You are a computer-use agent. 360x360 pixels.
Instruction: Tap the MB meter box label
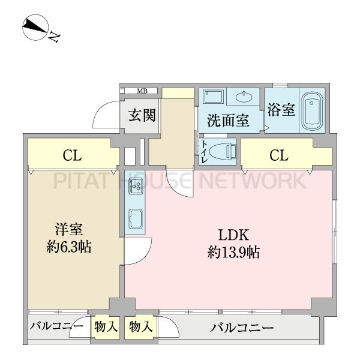coord(142,91)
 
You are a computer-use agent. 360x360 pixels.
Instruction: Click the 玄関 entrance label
coord(142,115)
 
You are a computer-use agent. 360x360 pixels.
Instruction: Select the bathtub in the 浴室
coord(312,112)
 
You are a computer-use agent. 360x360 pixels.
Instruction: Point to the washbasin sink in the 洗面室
coord(244,96)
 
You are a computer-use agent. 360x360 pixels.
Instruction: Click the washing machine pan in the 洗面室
coord(213,98)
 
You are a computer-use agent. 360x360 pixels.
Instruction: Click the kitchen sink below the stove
coord(136,219)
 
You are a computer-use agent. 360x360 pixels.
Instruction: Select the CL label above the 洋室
coord(72,155)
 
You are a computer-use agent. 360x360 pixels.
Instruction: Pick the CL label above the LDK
coord(279,155)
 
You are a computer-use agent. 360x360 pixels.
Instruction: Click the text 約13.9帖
coord(234,252)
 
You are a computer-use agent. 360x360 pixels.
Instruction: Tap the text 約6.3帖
coord(69,247)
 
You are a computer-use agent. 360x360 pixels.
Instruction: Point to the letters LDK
coord(233,235)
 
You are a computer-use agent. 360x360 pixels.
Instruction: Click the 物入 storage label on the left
coord(106,326)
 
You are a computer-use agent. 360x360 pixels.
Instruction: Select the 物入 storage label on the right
coord(141,326)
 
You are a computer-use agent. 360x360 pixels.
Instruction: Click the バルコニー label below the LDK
coord(242,328)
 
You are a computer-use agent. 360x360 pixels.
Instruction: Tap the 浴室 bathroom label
coord(281,110)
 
